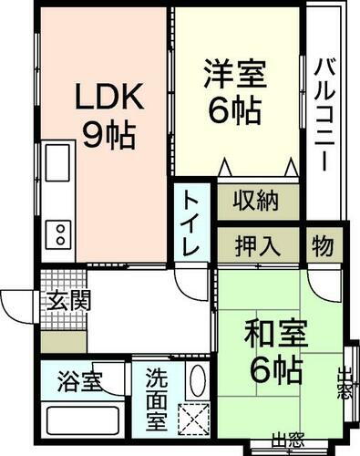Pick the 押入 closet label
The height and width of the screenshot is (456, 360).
(x=258, y=246)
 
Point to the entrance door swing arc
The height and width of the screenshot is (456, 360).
(x=18, y=301)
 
